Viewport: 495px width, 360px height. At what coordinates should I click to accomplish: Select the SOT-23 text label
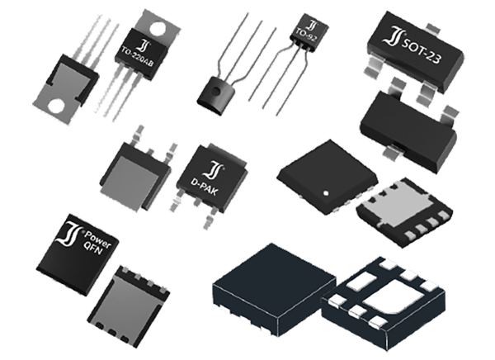click(421, 39)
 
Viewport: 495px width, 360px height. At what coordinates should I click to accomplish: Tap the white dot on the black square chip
click(328, 193)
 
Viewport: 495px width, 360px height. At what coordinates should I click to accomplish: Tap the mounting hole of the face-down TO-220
click(59, 106)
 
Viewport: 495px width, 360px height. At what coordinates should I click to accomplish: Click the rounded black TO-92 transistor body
click(217, 90)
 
